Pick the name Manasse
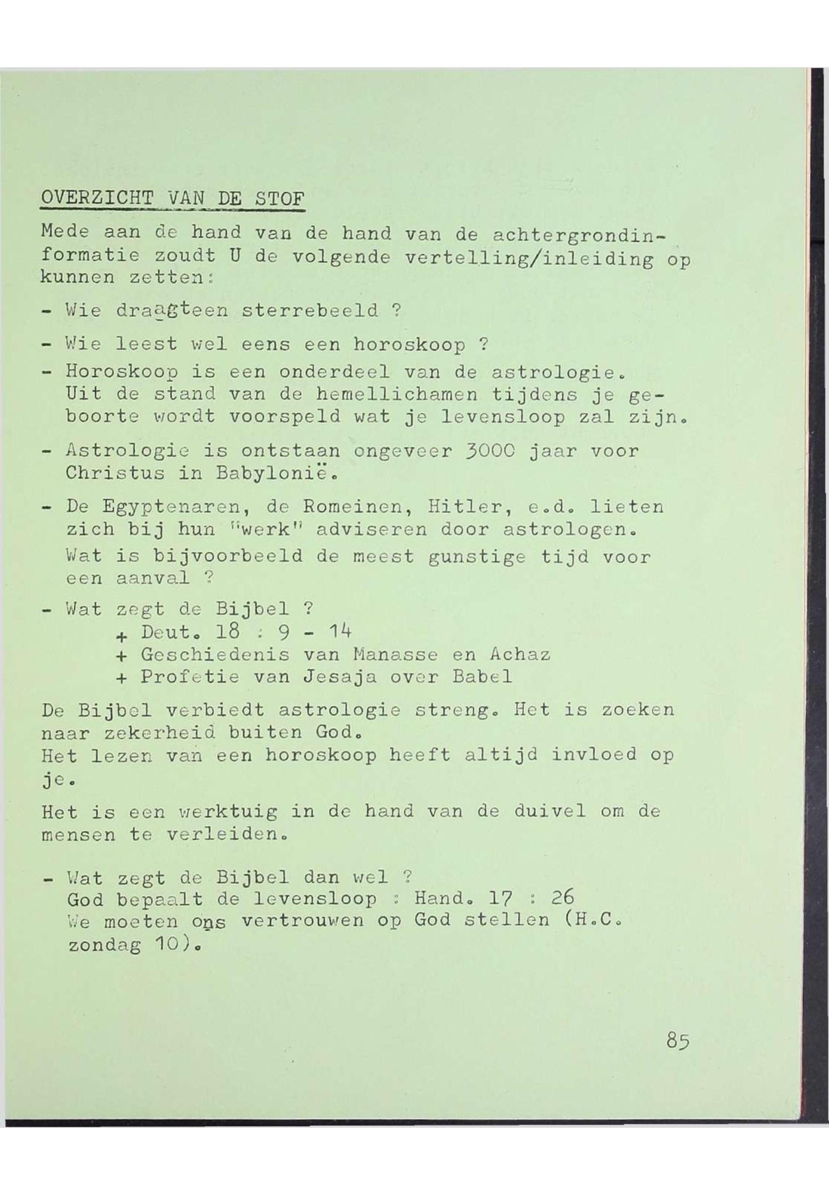tap(395, 655)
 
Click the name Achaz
tap(519, 655)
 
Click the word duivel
tap(550, 811)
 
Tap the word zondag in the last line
tap(104, 945)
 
